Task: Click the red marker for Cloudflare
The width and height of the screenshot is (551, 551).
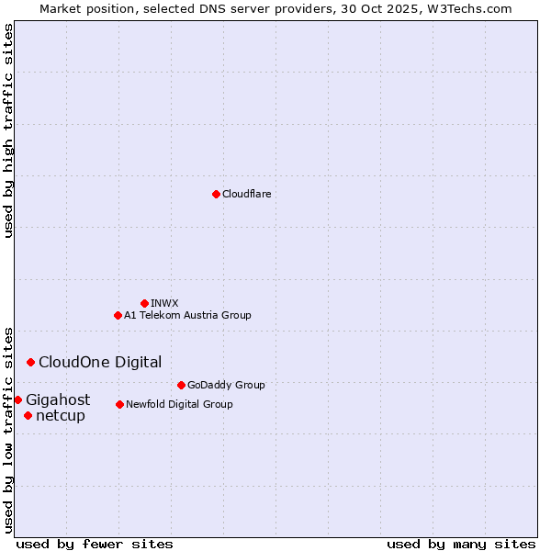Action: (216, 194)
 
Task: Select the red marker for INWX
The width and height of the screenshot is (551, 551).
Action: (144, 303)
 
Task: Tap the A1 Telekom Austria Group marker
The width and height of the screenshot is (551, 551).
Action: (118, 315)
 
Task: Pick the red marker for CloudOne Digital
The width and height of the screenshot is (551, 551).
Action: (30, 362)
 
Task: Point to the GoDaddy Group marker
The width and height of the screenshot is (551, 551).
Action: (181, 385)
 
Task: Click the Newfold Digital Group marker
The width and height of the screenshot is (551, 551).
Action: (119, 404)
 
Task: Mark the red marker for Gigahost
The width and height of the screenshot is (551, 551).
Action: (17, 399)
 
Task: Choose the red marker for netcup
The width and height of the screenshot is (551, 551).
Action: (28, 415)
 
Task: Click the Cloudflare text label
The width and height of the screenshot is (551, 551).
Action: (247, 194)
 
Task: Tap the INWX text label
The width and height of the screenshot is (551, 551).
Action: (165, 303)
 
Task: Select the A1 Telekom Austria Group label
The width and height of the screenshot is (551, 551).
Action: (187, 315)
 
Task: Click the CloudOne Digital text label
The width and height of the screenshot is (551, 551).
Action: (100, 362)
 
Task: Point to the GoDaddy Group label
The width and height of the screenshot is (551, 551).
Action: (226, 385)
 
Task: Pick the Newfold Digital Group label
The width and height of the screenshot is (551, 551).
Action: (179, 404)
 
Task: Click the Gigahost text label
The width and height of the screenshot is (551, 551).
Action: (58, 399)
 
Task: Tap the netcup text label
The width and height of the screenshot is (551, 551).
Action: (61, 415)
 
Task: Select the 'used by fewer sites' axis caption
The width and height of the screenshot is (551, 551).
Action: (95, 544)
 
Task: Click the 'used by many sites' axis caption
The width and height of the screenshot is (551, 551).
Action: (461, 544)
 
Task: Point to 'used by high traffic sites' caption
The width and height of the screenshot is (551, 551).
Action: (8, 130)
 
